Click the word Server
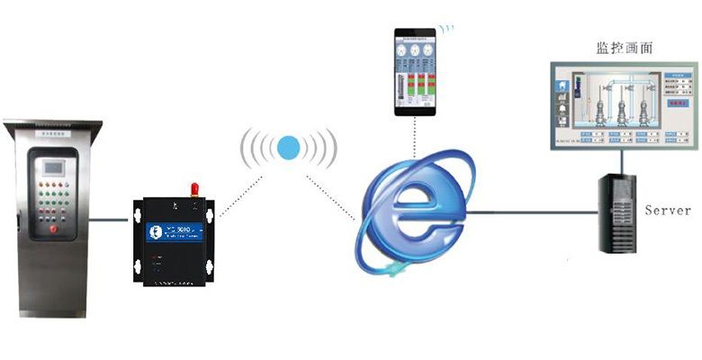(x=668, y=210)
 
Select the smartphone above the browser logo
(x=415, y=71)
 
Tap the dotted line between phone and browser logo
(x=415, y=139)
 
